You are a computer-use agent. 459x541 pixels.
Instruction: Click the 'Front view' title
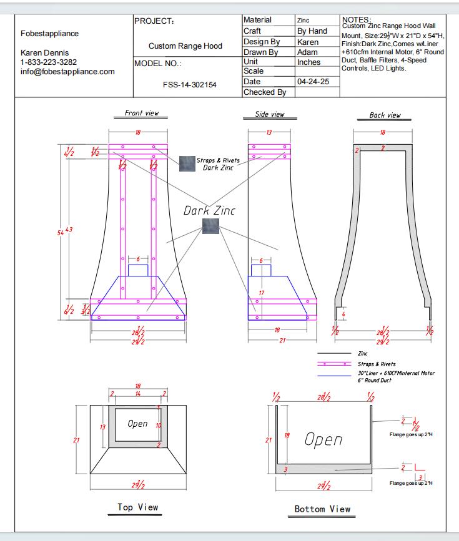(x=142, y=113)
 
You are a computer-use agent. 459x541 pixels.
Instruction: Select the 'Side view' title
(x=270, y=114)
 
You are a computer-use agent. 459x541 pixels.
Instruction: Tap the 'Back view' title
(x=385, y=115)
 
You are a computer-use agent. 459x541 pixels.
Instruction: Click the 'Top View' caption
(x=137, y=507)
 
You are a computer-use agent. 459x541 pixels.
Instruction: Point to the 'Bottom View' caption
(x=322, y=509)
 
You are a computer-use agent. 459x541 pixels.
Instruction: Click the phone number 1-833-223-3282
(x=49, y=62)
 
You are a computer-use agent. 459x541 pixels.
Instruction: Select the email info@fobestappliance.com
(x=67, y=72)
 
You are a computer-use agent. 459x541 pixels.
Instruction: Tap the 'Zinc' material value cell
(x=304, y=21)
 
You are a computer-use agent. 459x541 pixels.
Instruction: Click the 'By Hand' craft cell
(x=312, y=31)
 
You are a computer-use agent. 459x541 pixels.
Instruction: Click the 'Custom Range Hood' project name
(x=185, y=46)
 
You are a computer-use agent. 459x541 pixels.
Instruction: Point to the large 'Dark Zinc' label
(x=209, y=211)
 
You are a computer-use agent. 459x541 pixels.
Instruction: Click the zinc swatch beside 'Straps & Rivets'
(x=187, y=163)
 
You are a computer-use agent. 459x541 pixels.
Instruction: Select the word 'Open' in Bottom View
(x=323, y=439)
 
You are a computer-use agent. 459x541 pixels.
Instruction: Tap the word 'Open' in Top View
(x=137, y=424)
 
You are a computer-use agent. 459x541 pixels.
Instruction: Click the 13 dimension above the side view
(x=269, y=132)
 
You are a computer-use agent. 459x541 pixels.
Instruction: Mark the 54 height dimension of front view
(x=61, y=232)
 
